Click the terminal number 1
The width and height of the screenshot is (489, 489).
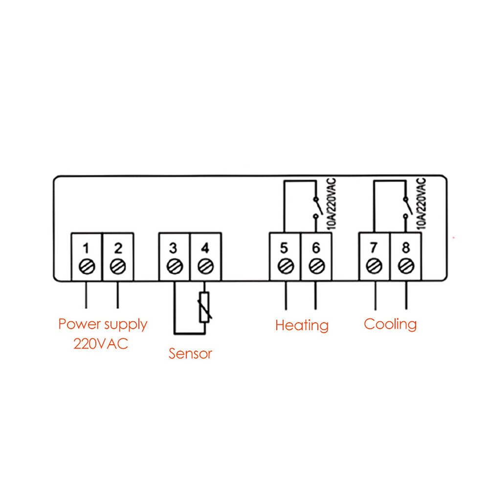(x=86, y=247)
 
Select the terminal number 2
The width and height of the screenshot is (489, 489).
(x=117, y=247)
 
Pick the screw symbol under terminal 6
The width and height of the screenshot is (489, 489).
(x=316, y=267)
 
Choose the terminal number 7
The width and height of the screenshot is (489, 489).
(x=374, y=247)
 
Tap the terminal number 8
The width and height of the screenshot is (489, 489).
(x=405, y=247)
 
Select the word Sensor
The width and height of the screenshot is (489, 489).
(x=190, y=353)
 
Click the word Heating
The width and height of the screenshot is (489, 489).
(x=302, y=325)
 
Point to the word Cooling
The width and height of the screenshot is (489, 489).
(x=390, y=324)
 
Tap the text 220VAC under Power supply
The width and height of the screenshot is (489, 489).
(x=101, y=343)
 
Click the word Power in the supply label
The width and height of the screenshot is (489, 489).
(x=79, y=324)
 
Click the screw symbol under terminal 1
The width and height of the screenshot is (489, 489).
(x=86, y=267)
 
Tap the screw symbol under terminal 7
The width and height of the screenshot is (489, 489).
(x=374, y=267)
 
